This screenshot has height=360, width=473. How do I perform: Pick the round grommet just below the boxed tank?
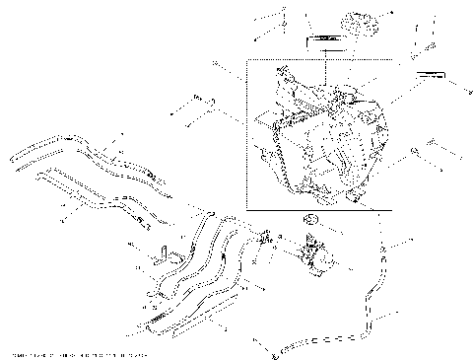coord(312,219)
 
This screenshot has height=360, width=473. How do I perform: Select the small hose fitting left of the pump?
coord(266,238)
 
